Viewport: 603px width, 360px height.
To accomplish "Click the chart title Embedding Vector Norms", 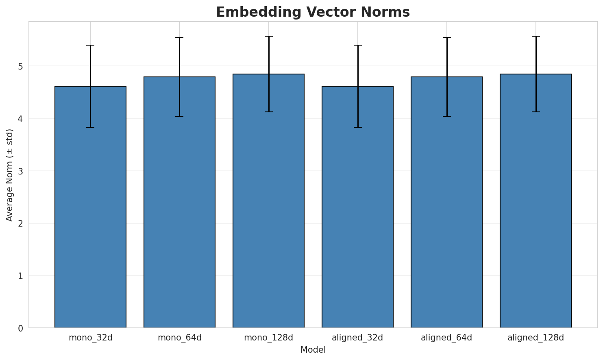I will coord(313,12).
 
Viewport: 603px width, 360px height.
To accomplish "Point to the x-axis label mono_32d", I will coord(90,338).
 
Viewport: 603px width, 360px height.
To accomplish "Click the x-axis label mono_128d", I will coord(268,338).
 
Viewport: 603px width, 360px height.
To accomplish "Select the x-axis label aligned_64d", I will coord(446,338).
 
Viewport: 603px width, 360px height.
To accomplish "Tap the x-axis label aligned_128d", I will coord(536,338).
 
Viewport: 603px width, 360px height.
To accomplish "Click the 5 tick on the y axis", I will coord(20,66).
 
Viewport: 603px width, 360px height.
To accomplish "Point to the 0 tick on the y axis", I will coord(20,328).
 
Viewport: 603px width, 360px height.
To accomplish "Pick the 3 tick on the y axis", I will coord(20,171).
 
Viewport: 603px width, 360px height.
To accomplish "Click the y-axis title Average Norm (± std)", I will coord(10,175).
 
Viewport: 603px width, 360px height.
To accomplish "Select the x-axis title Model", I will coord(313,350).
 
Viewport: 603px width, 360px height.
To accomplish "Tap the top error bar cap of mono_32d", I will coord(90,45).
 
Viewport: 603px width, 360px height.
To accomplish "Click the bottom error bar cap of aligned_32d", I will coord(357,127).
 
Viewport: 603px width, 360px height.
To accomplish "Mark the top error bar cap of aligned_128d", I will coord(536,36).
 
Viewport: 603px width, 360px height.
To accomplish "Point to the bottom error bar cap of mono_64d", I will coord(179,116).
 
